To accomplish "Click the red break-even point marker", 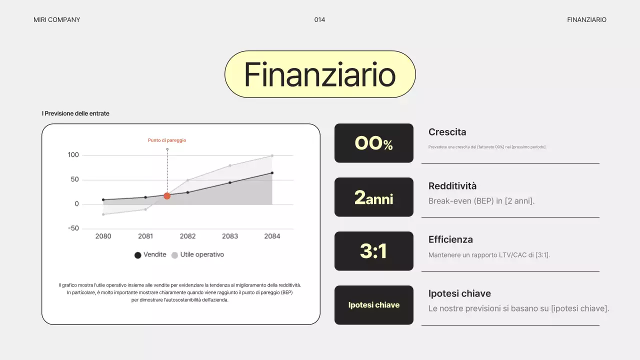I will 167,196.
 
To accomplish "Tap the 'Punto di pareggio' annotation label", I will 167,140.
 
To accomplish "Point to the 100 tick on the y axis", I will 73,155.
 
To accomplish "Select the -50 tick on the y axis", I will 73,228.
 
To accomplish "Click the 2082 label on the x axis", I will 187,236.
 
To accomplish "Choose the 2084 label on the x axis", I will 272,236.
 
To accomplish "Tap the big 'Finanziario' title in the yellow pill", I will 320,74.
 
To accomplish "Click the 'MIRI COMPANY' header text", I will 56,20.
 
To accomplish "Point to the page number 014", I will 319,20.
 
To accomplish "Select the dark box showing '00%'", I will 374,143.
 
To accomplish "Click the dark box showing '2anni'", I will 374,197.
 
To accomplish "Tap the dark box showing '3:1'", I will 374,251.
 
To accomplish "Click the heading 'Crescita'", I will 447,132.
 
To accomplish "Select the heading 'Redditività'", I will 452,186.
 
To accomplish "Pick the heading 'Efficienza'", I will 450,239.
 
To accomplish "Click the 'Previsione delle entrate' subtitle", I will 76,113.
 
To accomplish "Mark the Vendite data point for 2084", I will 272,173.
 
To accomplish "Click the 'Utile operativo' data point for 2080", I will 103,214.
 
